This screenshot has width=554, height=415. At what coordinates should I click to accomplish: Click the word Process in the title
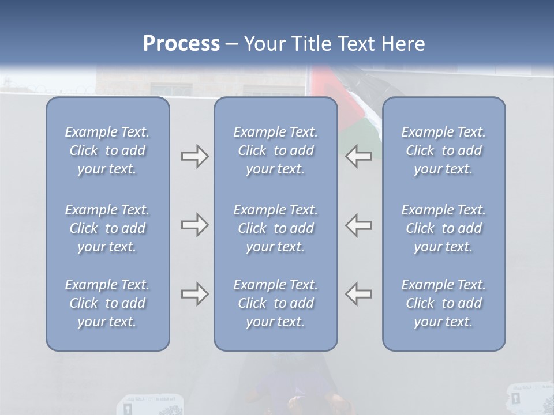[x=181, y=44]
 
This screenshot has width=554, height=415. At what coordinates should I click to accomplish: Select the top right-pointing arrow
[x=194, y=156]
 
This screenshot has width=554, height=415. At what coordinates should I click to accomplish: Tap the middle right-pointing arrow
[x=194, y=225]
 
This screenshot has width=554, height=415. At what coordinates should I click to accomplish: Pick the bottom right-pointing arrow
[x=194, y=294]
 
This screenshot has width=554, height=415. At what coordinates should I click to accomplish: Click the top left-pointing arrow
[x=359, y=156]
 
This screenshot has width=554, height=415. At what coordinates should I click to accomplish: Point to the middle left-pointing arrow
[x=359, y=225]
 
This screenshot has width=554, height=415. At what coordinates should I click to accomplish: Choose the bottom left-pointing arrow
[x=359, y=294]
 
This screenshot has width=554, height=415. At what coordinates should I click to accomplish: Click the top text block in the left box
[x=107, y=150]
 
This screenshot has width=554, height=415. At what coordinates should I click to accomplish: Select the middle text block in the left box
[x=107, y=228]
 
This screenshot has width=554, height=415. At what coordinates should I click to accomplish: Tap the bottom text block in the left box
[x=107, y=303]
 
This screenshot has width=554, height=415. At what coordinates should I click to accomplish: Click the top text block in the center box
[x=275, y=150]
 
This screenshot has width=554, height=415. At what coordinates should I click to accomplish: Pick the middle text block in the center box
[x=275, y=228]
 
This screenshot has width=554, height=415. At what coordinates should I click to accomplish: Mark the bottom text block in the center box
[x=275, y=303]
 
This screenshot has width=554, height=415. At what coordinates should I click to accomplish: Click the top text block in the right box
[x=443, y=150]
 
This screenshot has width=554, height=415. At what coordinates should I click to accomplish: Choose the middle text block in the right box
[x=443, y=228]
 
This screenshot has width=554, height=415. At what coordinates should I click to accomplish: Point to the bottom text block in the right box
[x=443, y=303]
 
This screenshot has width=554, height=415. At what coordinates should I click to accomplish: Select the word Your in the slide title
[x=264, y=44]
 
